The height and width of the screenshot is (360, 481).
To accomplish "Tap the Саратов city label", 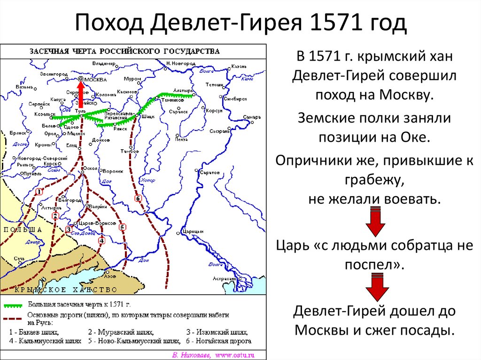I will [x=210, y=173].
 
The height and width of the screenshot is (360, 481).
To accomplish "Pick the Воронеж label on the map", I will [x=113, y=171].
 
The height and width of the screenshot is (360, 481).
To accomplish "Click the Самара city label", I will [x=252, y=116].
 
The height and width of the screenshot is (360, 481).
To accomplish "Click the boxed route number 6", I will [x=138, y=198].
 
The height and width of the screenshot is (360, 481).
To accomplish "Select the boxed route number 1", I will [x=39, y=191].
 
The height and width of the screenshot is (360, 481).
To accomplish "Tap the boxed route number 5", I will [x=122, y=227].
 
